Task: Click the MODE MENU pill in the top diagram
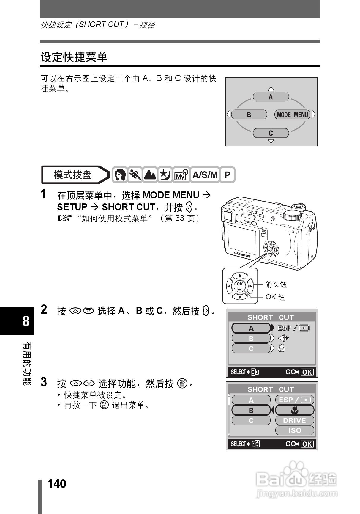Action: coord(292,114)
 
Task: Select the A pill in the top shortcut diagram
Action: coord(271,97)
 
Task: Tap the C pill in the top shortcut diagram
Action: coord(271,133)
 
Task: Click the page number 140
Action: coord(57,484)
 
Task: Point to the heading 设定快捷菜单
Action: coord(74,57)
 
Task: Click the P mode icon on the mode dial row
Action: coord(227,175)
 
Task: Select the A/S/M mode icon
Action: coord(205,175)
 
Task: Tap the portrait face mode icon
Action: coord(120,175)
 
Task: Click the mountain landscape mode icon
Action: coord(150,175)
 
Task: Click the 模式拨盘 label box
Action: coord(72,175)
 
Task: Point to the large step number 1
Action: coord(44,194)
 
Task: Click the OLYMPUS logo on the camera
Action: coord(242,254)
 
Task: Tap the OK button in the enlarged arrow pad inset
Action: coord(240,286)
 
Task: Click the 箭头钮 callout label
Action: coord(276,284)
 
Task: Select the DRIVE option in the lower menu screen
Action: coord(294,420)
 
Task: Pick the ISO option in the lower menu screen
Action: coord(294,430)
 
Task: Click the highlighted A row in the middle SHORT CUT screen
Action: coord(251,328)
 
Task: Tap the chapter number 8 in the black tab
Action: coord(26,321)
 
